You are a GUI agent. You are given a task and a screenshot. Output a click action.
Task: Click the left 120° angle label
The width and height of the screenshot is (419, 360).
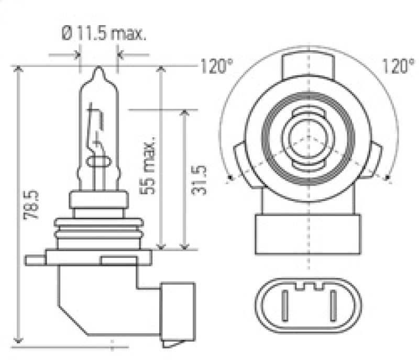216,66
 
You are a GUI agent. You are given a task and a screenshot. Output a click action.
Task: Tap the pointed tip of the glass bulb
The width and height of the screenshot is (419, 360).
98,69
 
